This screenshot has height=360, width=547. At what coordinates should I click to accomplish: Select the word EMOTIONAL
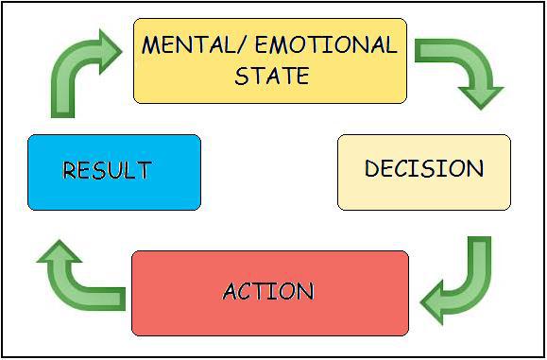[327, 44]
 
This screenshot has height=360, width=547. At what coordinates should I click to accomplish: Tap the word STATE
[272, 75]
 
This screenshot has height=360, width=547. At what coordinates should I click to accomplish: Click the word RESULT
[107, 170]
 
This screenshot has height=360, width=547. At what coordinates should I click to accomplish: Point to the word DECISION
[424, 168]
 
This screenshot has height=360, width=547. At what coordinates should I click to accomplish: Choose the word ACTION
[268, 291]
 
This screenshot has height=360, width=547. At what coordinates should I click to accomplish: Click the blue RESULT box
[114, 172]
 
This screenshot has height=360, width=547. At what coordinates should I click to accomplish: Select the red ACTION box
[270, 293]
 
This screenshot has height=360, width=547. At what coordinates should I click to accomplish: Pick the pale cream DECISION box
[424, 172]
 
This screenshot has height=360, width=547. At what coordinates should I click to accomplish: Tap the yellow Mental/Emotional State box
[270, 61]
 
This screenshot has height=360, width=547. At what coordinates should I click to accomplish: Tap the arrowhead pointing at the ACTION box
[433, 301]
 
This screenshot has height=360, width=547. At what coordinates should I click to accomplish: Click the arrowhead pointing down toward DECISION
[481, 97]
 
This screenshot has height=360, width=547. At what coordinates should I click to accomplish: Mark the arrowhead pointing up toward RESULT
[60, 251]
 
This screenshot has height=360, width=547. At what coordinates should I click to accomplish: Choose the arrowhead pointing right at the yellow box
[111, 52]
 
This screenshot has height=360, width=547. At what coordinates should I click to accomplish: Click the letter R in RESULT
[69, 170]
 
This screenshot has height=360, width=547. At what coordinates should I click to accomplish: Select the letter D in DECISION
[372, 168]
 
